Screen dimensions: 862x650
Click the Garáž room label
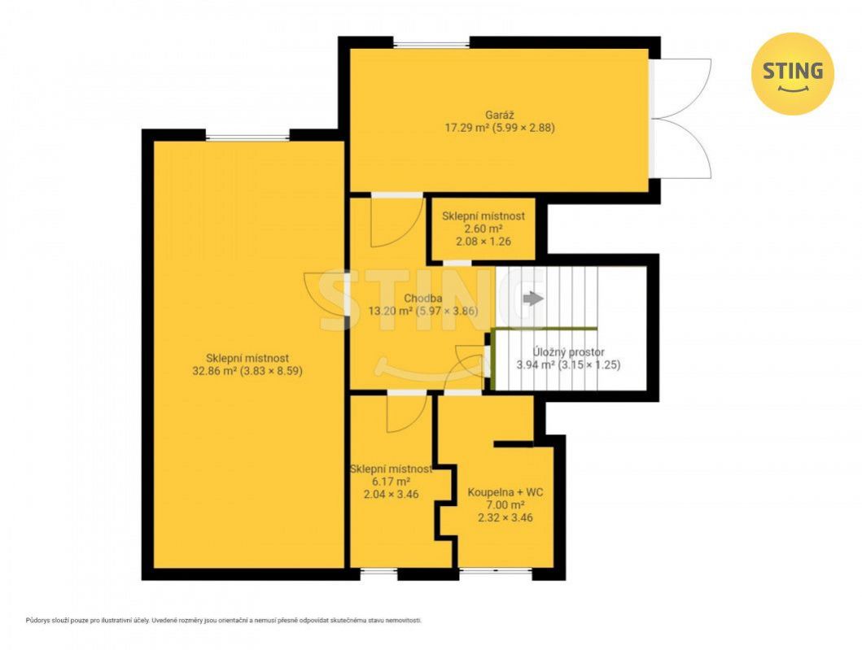pyautogui.click(x=499, y=116)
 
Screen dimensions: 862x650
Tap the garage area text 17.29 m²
pyautogui.click(x=466, y=128)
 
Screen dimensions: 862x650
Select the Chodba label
pyautogui.click(x=422, y=299)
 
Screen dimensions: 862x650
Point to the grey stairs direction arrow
pyautogui.click(x=533, y=299)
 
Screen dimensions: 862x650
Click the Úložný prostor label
pyautogui.click(x=568, y=351)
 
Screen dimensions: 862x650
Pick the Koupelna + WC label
pyautogui.click(x=505, y=492)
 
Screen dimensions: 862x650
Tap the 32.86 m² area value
pyautogui.click(x=214, y=371)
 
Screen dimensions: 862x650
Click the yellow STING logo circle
pyautogui.click(x=792, y=74)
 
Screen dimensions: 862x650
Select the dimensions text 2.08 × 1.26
pyautogui.click(x=484, y=242)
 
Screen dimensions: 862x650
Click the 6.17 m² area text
pyautogui.click(x=391, y=482)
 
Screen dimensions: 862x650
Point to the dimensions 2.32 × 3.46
pyautogui.click(x=505, y=517)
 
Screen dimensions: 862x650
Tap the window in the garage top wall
pyautogui.click(x=431, y=43)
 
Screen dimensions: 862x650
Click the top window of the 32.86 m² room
pyautogui.click(x=247, y=136)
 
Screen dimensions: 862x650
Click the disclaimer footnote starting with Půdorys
pyautogui.click(x=224, y=621)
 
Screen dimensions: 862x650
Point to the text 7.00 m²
pyautogui.click(x=505, y=505)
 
